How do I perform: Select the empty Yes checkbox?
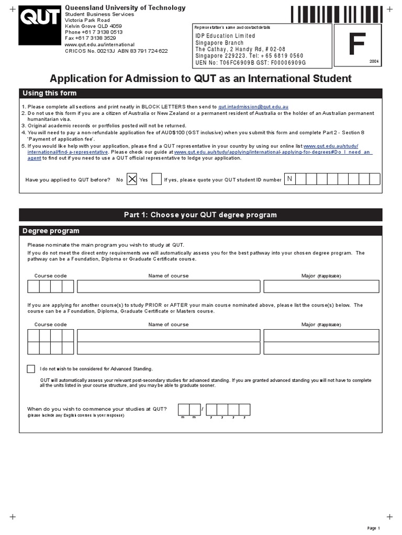coord(156,180)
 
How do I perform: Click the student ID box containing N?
coord(289,179)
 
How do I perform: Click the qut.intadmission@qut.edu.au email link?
coord(253,106)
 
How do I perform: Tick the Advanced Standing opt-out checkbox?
coord(31,369)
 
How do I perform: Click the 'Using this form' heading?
coord(50,94)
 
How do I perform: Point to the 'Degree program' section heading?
coord(50,231)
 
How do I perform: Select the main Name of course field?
coord(169,286)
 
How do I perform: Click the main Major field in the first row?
coord(321,286)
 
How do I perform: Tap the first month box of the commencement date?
coord(183,409)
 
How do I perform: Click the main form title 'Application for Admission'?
coord(200,78)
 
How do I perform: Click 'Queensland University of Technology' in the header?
coord(125,8)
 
